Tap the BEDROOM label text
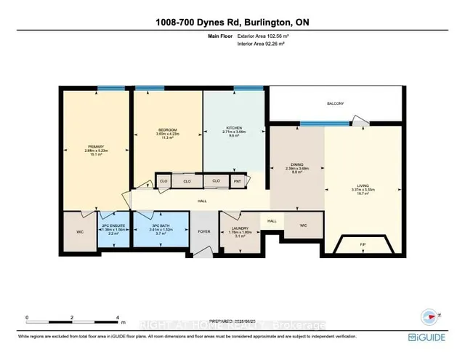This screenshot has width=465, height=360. [x=167, y=130]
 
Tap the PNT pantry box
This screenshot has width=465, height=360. [x=237, y=181]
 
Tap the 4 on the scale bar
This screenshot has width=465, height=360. [x=118, y=318]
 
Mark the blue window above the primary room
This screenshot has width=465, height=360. [x=111, y=89]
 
